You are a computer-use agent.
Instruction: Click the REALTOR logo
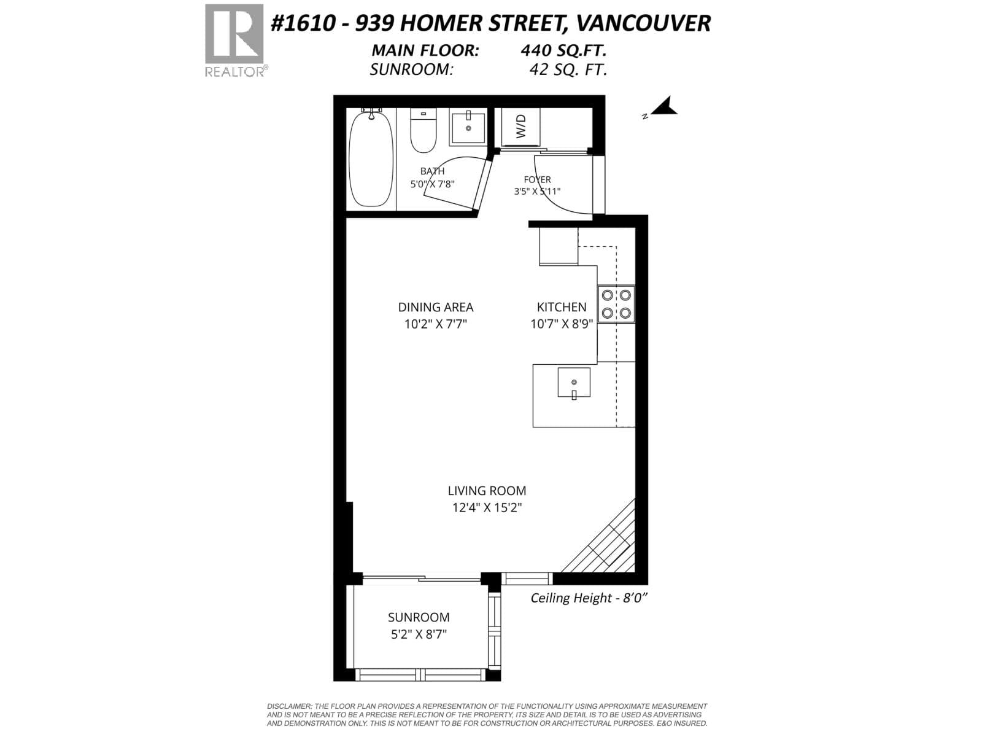pyautogui.click(x=235, y=41)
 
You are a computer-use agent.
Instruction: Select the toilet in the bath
pyautogui.click(x=423, y=130)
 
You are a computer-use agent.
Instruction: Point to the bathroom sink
pyautogui.click(x=468, y=128)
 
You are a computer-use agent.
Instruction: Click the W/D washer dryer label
pyautogui.click(x=520, y=126)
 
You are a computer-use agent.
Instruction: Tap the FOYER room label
pyautogui.click(x=537, y=179)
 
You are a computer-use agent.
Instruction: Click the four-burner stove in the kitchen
pyautogui.click(x=616, y=304)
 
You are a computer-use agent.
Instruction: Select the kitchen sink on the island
pyautogui.click(x=574, y=383)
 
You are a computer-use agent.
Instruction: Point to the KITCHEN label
pyautogui.click(x=562, y=307)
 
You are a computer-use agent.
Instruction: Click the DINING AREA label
pyautogui.click(x=436, y=307)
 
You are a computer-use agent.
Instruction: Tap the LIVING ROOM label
pyautogui.click(x=487, y=491)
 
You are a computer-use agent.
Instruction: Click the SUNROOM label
pyautogui.click(x=419, y=617)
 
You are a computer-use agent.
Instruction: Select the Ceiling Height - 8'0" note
pyautogui.click(x=589, y=598)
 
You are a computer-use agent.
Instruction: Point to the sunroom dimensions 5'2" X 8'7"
pyautogui.click(x=419, y=634)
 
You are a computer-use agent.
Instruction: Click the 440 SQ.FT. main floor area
pyautogui.click(x=563, y=50)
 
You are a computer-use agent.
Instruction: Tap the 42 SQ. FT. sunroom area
pyautogui.click(x=568, y=69)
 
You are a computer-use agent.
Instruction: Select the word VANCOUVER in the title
pyautogui.click(x=643, y=23)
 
